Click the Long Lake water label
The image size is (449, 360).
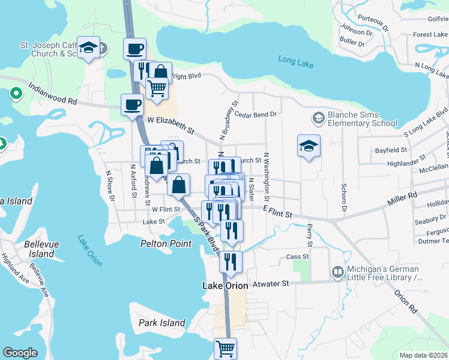(x=295, y=59)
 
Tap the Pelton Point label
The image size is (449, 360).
(x=166, y=244)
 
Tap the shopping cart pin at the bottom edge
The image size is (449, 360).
(x=226, y=348)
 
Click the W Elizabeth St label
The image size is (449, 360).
(x=171, y=125)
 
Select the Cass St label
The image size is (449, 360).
(x=297, y=256)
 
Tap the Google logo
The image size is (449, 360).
(x=20, y=353)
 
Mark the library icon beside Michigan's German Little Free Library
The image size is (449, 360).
(x=337, y=273)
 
